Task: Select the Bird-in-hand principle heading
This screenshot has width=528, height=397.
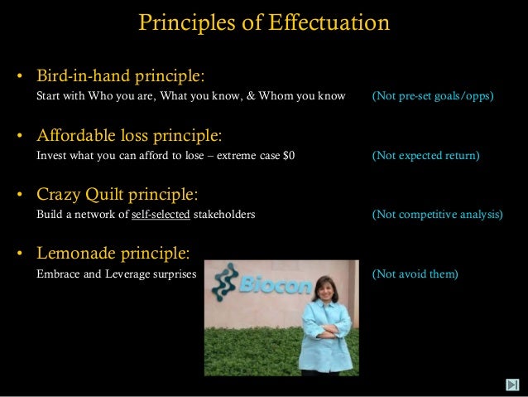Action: (120, 77)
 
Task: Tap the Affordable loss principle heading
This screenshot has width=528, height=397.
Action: (128, 136)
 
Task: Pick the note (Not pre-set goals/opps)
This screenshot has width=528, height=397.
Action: (433, 96)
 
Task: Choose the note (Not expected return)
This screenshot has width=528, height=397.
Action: (425, 155)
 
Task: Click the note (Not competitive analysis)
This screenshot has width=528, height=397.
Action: (436, 214)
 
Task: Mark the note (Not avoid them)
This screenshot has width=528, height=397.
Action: (415, 270)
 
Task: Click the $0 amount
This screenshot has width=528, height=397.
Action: (288, 155)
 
